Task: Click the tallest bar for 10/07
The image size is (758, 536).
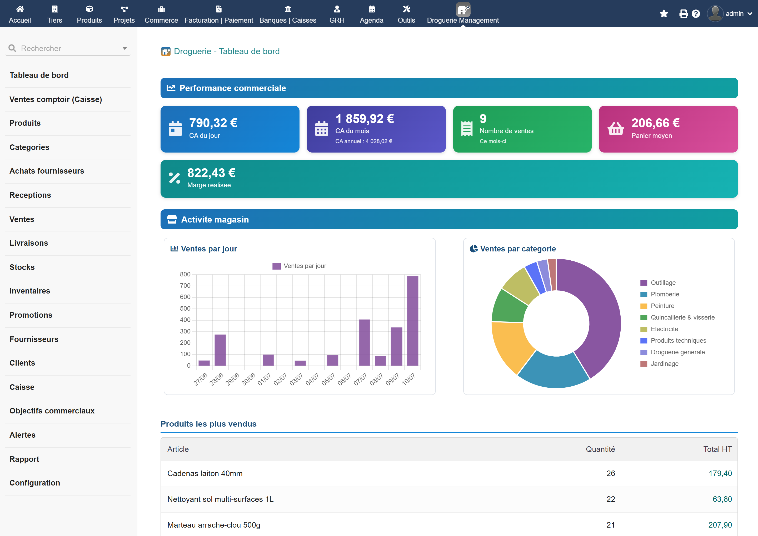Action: (412, 321)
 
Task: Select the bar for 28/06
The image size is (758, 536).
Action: (220, 350)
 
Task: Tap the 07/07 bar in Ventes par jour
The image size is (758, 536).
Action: (364, 343)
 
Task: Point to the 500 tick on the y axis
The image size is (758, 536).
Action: (185, 308)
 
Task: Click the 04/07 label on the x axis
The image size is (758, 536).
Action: (312, 379)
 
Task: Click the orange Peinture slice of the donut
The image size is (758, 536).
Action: (510, 345)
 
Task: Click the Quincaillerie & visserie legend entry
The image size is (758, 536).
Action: (677, 317)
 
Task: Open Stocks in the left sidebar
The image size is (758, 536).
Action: (22, 267)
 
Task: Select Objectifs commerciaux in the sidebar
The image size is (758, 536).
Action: (52, 411)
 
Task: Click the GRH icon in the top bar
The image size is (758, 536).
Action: (337, 9)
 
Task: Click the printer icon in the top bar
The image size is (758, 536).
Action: (683, 13)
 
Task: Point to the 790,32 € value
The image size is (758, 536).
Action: (213, 123)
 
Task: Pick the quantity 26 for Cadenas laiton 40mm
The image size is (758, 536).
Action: (611, 473)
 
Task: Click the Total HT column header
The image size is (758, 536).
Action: (717, 449)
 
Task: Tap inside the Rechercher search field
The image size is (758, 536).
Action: (68, 48)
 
